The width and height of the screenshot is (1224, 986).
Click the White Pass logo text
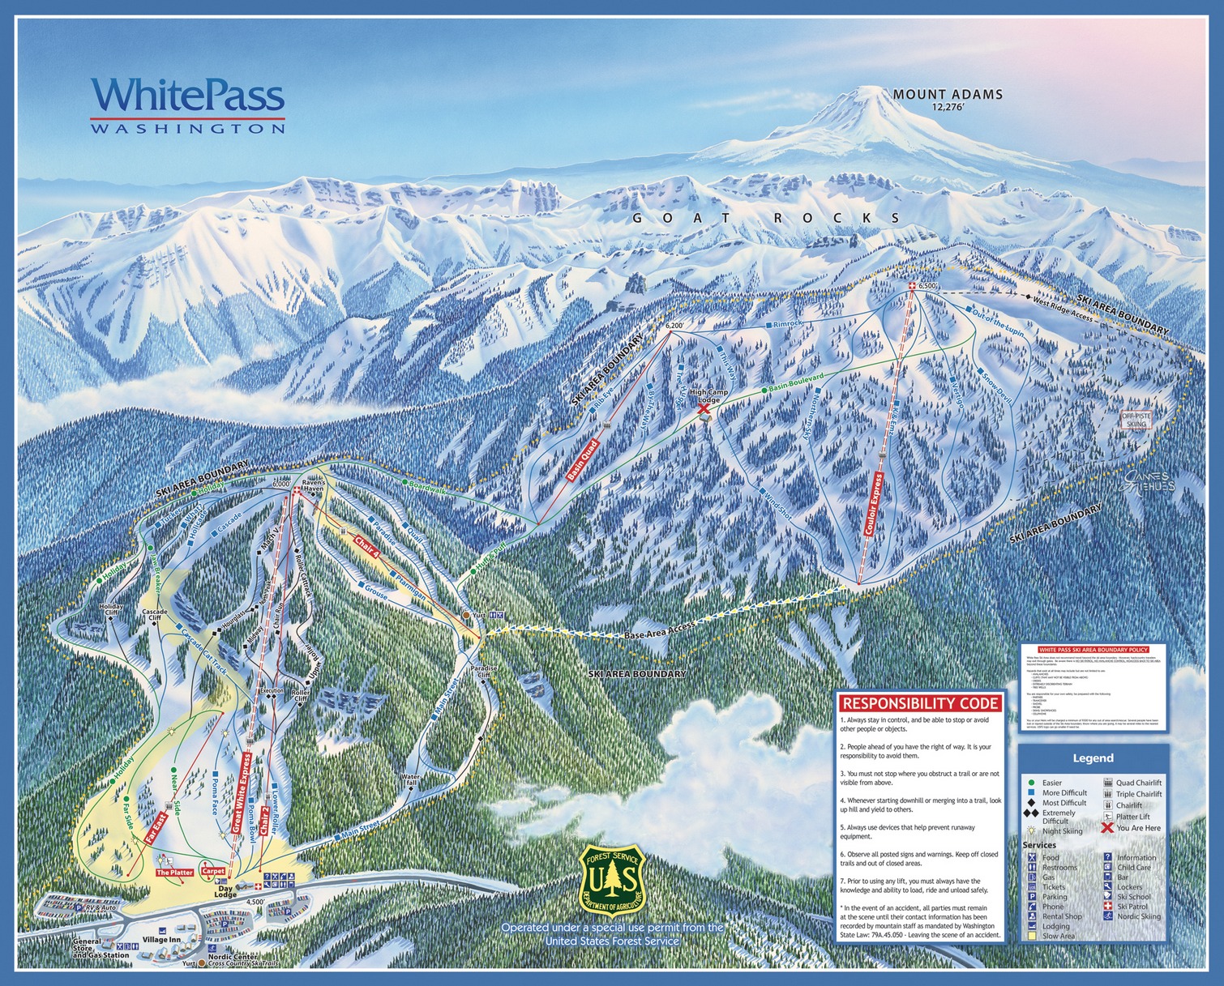(x=187, y=96)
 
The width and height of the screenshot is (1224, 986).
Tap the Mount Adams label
(x=947, y=95)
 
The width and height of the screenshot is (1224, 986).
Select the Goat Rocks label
(x=765, y=218)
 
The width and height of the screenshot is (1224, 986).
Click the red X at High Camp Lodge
(x=704, y=410)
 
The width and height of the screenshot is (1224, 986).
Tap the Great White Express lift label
(x=242, y=792)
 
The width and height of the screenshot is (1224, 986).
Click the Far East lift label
(x=156, y=829)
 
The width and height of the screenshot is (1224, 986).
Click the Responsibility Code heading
(x=920, y=703)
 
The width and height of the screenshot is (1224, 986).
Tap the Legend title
(x=1093, y=758)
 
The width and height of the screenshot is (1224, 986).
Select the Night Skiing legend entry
(x=1061, y=831)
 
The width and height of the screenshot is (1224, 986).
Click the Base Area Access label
(x=660, y=630)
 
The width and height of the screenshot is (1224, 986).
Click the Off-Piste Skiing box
(x=1136, y=420)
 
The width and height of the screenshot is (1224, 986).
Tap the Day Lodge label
(x=225, y=890)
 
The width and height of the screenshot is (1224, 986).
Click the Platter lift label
(x=174, y=873)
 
